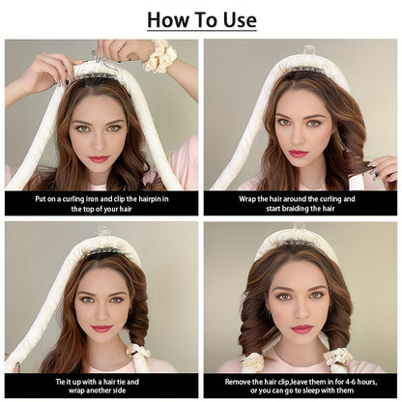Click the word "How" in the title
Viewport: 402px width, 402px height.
pyautogui.click(x=168, y=19)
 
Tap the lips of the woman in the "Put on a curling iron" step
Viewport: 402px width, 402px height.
pyautogui.click(x=100, y=158)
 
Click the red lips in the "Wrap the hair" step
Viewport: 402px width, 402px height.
pyautogui.click(x=298, y=153)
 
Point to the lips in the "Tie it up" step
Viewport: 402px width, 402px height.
pyautogui.click(x=101, y=329)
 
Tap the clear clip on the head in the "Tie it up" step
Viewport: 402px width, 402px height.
pyautogui.click(x=103, y=232)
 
